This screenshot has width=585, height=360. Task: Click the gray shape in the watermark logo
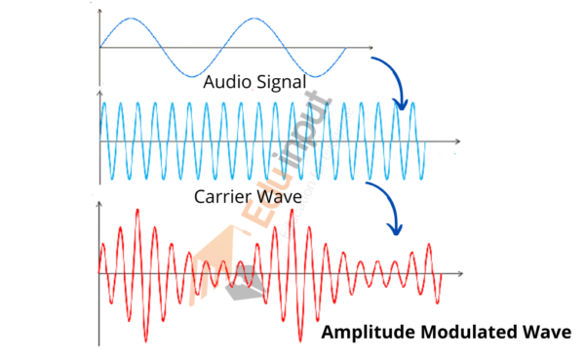coord(240,283)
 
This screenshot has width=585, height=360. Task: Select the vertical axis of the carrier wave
coord(99,142)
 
